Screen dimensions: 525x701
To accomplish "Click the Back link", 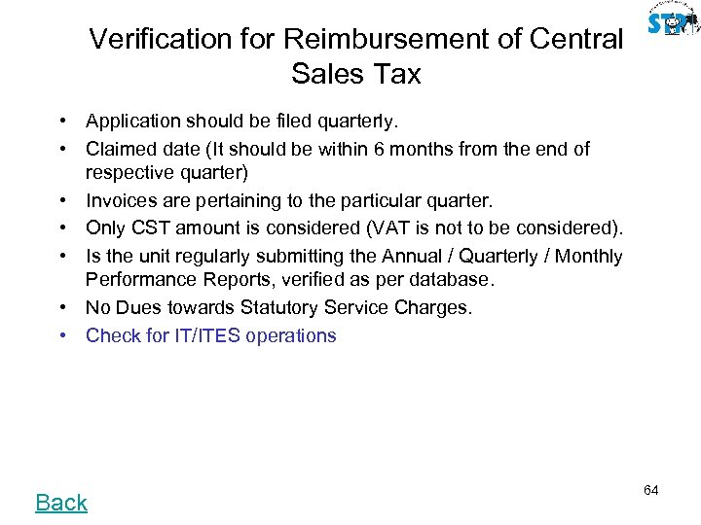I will coord(61,503).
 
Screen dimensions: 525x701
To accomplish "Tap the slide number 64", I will coord(651,490).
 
